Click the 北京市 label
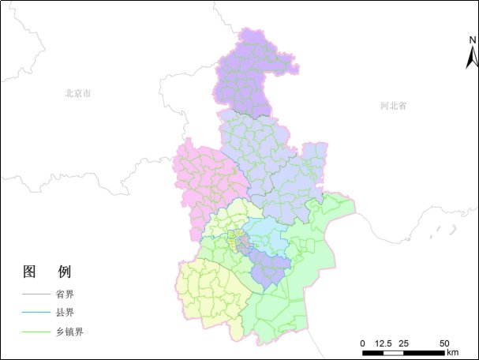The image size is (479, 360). tap(78, 93)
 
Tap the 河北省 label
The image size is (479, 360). tap(392, 105)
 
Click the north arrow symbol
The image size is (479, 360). tap(471, 56)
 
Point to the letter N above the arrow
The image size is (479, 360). tap(471, 40)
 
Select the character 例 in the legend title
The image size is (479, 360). tap(65, 272)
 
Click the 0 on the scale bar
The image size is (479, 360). tap(362, 343)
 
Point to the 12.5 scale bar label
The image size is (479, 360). tap(384, 343)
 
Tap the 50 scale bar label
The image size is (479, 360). tap(443, 343)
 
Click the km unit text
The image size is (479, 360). tap(452, 352)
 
